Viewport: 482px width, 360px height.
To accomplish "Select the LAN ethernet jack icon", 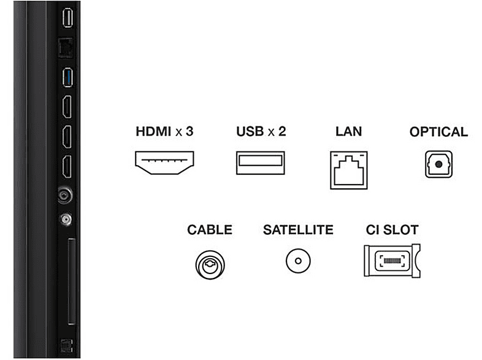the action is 348,170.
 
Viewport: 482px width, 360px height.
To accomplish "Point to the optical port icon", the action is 438,164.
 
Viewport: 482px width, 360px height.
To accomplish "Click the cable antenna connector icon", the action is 210,265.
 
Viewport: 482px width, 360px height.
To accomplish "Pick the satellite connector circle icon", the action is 298,261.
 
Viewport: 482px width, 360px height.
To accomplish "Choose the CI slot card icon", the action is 392,261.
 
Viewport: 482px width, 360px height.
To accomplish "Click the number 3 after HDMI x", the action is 189,131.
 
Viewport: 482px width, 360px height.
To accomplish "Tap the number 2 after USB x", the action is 282,131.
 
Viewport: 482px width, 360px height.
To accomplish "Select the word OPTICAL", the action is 438,132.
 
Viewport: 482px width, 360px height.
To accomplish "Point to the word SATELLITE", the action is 298,229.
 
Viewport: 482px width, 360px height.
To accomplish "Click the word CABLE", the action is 210,229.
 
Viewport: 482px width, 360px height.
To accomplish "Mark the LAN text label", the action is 348,131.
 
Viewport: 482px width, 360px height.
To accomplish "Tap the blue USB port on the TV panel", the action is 67,77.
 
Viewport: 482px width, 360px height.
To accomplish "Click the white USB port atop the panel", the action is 67,18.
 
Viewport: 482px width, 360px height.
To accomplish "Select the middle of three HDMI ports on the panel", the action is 67,137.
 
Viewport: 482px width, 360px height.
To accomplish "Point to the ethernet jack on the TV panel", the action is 66,48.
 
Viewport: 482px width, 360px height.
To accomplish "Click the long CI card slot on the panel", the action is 71,281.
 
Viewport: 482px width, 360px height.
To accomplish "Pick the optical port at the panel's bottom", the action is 66,345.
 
